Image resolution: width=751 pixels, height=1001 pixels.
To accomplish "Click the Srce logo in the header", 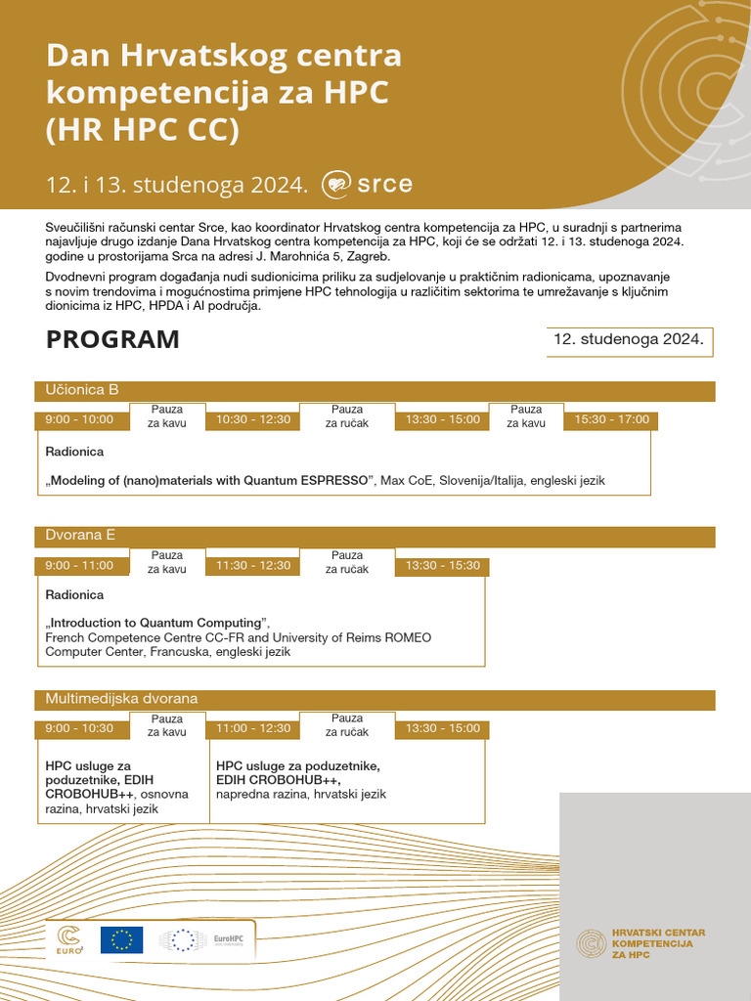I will [x=368, y=183].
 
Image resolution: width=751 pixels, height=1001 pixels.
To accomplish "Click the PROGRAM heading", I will [x=112, y=340].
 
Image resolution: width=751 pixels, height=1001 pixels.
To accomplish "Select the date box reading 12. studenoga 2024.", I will [x=629, y=340].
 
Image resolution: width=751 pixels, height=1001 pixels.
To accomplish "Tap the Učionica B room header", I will [x=82, y=390].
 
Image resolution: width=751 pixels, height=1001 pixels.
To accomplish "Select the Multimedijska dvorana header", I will [x=121, y=699].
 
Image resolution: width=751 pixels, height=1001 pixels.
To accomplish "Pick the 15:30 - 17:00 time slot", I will [x=611, y=420].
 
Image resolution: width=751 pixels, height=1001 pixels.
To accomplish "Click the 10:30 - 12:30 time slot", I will [x=253, y=420].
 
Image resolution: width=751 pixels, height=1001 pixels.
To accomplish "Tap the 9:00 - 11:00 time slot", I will [x=79, y=566].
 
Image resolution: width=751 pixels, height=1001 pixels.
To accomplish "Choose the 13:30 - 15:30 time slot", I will [x=442, y=566].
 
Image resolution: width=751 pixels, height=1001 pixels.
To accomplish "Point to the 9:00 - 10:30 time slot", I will [x=79, y=729].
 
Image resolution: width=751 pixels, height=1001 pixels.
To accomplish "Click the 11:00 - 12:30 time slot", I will [x=253, y=729].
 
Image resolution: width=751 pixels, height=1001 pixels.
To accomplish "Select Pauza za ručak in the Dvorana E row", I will [x=347, y=562].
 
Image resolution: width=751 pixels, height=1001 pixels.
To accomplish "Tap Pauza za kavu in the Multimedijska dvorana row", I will [x=167, y=725].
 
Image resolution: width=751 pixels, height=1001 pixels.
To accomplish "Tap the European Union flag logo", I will [x=121, y=940].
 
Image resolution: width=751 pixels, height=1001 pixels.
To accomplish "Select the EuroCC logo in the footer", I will [x=69, y=940].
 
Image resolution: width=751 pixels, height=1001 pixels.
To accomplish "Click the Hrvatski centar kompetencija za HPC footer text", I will [x=656, y=942].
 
